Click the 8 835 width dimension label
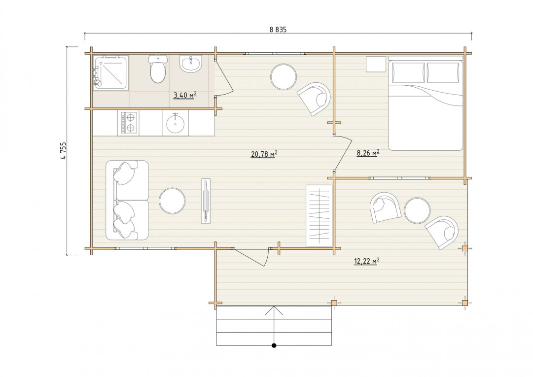(278, 30)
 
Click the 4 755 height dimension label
(63, 150)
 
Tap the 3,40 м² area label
(185, 95)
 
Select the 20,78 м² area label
(264, 154)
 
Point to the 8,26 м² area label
(368, 153)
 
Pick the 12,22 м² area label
(367, 261)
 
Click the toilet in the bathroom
(158, 69)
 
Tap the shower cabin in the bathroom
(111, 72)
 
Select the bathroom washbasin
(191, 64)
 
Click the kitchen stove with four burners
(128, 123)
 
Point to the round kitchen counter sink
(176, 123)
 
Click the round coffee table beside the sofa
(173, 201)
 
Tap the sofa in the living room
(127, 200)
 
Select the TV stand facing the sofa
(206, 201)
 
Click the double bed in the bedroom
(426, 105)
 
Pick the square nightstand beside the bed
(376, 64)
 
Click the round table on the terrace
(418, 210)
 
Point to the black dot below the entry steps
(274, 346)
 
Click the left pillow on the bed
(409, 72)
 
